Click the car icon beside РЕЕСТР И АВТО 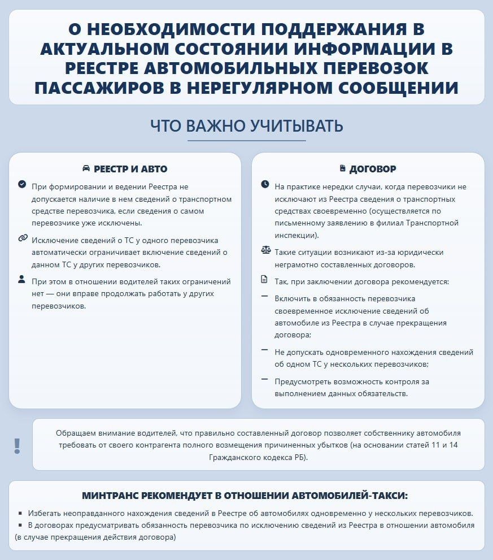[x=86, y=168]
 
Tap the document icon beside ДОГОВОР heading [x=342, y=168]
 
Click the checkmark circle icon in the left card [x=22, y=184]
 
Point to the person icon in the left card [x=22, y=279]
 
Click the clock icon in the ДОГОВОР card [x=265, y=184]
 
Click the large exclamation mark [x=18, y=446]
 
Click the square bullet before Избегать [x=20, y=514]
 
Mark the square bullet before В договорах [x=20, y=525]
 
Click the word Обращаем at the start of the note [x=76, y=433]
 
